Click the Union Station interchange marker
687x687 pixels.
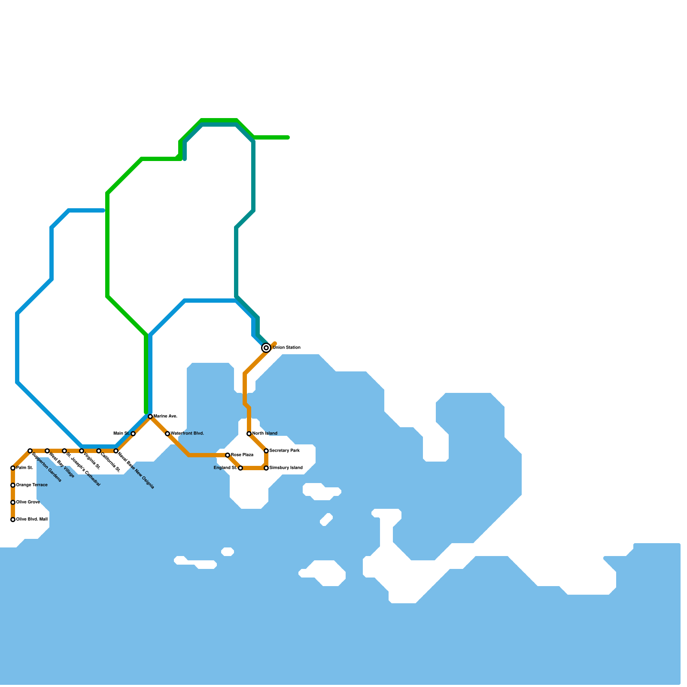pyautogui.click(x=266, y=348)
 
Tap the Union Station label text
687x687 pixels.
pyautogui.click(x=286, y=348)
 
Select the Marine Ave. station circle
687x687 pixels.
pyautogui.click(x=150, y=416)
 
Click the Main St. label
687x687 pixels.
pyautogui.click(x=122, y=434)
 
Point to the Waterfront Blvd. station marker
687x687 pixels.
pyautogui.click(x=167, y=434)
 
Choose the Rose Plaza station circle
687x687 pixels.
pyautogui.click(x=228, y=455)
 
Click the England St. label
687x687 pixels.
pyautogui.click(x=225, y=468)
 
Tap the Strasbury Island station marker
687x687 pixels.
pyautogui.click(x=266, y=468)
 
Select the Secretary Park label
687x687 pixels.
pyautogui.click(x=284, y=451)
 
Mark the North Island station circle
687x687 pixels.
pyautogui.click(x=249, y=434)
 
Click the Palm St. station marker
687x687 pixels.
pyautogui.click(x=13, y=468)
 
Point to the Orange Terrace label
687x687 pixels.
pyautogui.click(x=32, y=485)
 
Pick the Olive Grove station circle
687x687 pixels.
pyautogui.click(x=13, y=502)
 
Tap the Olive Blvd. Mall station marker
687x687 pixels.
pyautogui.click(x=13, y=520)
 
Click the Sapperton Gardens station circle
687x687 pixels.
pyautogui.click(x=30, y=451)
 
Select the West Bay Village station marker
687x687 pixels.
pyautogui.click(x=47, y=451)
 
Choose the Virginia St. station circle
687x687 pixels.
pyautogui.click(x=82, y=451)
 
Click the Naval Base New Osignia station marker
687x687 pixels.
pyautogui.click(x=116, y=451)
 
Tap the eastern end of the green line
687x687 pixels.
pyautogui.click(x=288, y=137)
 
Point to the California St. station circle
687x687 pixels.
pyautogui.click(x=99, y=451)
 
